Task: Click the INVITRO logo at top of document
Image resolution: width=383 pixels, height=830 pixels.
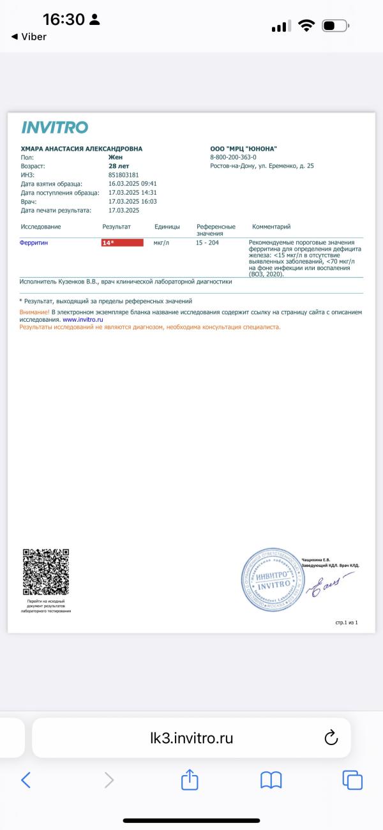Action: click(54, 127)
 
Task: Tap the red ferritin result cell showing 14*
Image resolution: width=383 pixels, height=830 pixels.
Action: click(123, 243)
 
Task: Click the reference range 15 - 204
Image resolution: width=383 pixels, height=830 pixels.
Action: click(207, 243)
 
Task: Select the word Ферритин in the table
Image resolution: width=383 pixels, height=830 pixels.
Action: click(34, 243)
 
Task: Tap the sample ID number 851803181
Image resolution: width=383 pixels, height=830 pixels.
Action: click(123, 174)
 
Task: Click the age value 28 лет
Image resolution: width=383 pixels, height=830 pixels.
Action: click(119, 165)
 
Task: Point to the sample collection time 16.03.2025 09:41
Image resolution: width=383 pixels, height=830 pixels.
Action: click(133, 183)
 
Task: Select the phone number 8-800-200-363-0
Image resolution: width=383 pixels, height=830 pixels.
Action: click(233, 157)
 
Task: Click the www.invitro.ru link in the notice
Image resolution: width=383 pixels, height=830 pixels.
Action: click(83, 319)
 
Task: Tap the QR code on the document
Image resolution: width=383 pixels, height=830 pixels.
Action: click(45, 571)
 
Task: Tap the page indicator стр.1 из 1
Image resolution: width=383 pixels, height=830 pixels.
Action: click(347, 621)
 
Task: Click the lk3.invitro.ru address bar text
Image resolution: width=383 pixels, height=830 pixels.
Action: click(191, 739)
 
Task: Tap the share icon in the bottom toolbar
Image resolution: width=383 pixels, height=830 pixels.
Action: click(190, 780)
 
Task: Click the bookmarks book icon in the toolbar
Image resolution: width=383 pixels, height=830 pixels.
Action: click(271, 780)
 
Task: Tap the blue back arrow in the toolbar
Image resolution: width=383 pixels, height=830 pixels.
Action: click(26, 780)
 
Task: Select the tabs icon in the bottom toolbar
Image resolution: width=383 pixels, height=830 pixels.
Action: click(352, 780)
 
